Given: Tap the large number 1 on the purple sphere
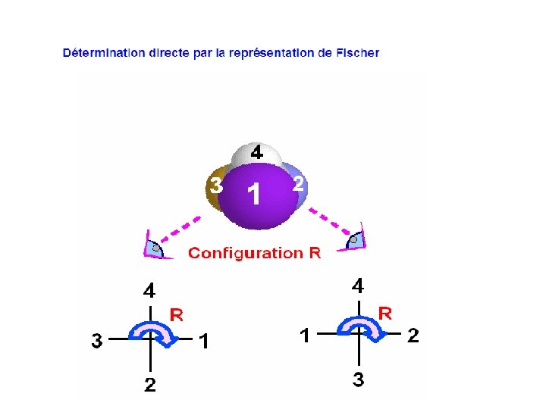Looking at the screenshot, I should (x=255, y=195).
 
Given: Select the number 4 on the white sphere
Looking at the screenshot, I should (x=257, y=153).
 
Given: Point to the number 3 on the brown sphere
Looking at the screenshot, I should (x=216, y=185).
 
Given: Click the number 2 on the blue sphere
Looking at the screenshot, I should (x=299, y=183).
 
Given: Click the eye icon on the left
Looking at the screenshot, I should (x=154, y=246).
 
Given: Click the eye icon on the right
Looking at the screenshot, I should (x=355, y=241).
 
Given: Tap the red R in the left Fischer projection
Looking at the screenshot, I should (x=176, y=314).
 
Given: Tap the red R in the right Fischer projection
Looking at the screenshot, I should (x=384, y=313).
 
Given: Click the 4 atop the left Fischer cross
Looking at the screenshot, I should (x=150, y=290).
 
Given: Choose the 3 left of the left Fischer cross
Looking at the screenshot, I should (x=96, y=342).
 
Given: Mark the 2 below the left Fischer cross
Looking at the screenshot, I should (x=150, y=386).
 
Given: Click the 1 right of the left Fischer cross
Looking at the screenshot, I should (x=203, y=342).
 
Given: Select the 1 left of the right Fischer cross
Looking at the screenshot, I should (x=304, y=336).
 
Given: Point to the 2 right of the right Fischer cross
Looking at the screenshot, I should (x=413, y=336).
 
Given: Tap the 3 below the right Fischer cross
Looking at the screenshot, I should (x=358, y=380).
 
